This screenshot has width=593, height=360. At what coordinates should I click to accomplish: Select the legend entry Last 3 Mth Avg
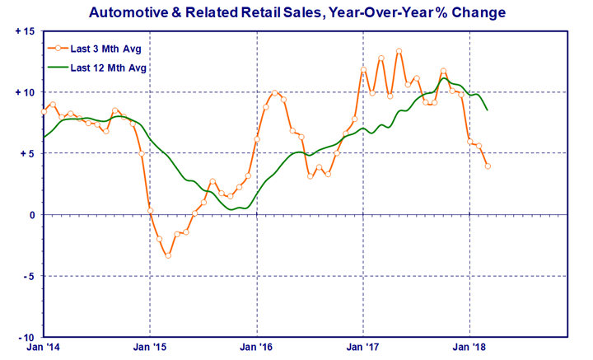(x=95, y=49)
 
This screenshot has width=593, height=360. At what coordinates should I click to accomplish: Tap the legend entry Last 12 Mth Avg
(x=97, y=68)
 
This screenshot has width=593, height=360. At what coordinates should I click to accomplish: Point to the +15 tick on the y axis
(x=25, y=31)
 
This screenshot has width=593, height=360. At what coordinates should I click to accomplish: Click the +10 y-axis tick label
(x=25, y=92)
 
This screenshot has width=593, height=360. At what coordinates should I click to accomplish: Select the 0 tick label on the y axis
(x=32, y=215)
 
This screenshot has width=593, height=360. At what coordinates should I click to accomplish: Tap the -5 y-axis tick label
(x=28, y=276)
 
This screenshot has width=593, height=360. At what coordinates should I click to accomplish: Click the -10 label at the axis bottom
(x=26, y=337)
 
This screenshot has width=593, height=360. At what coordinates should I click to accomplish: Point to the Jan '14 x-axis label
(x=43, y=347)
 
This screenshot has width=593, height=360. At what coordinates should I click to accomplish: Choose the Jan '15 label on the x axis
(x=150, y=347)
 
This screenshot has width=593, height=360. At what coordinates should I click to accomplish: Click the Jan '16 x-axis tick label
(x=256, y=347)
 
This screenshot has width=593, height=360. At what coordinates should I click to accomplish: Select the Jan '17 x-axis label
(x=363, y=347)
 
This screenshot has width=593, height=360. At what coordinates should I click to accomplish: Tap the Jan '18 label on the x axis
(x=469, y=347)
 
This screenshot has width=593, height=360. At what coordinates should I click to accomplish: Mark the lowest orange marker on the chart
(x=168, y=255)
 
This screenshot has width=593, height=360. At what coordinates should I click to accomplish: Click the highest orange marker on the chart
(x=399, y=51)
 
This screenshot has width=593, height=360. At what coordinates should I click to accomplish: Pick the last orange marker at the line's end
(x=488, y=166)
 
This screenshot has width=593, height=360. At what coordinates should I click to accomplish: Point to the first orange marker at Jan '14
(x=44, y=111)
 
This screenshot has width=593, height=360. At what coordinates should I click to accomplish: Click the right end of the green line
(x=488, y=110)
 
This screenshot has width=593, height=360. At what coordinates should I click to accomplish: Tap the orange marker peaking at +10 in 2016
(x=274, y=92)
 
